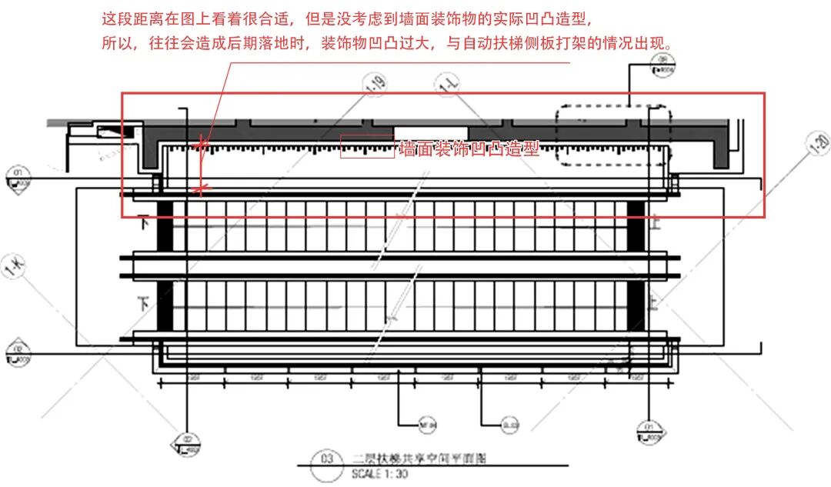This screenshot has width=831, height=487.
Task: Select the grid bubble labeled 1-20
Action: (x=819, y=144)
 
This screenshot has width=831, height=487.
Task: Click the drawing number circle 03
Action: (x=325, y=460)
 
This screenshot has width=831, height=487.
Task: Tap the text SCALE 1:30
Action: (x=380, y=475)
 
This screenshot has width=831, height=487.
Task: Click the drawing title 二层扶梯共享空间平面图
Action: (x=419, y=459)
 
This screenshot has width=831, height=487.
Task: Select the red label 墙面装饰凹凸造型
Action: (x=469, y=148)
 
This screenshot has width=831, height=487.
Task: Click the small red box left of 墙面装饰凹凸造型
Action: (x=367, y=146)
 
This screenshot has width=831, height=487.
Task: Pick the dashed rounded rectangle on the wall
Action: (x=613, y=125)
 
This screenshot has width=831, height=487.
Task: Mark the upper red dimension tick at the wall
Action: (x=202, y=144)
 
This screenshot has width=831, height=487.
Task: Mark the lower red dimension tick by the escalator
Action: (x=202, y=187)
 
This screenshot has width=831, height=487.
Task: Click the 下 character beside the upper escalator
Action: (x=142, y=224)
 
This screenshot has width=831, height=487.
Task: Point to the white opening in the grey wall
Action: (x=430, y=132)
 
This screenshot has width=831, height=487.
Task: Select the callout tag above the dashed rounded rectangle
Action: (x=662, y=71)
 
